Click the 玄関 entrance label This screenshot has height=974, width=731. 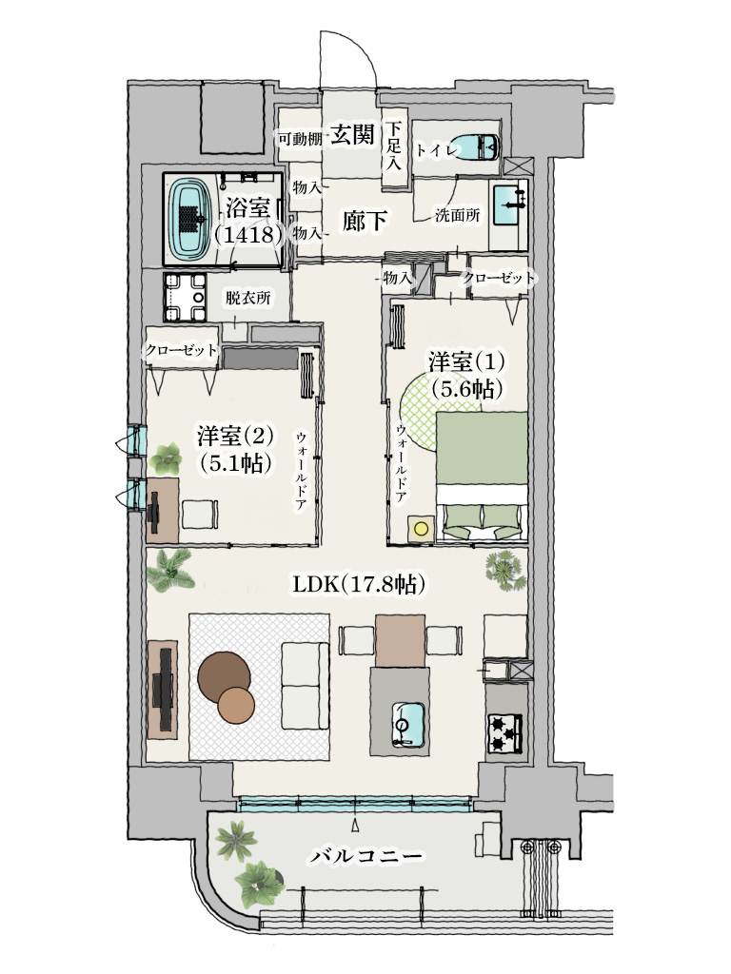point(352,135)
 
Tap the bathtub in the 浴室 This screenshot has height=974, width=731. point(192,218)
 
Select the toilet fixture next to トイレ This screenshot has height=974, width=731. point(475,147)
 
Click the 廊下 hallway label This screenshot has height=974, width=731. point(365,222)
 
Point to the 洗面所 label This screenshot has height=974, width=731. point(457,215)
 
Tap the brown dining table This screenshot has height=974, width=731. point(399,640)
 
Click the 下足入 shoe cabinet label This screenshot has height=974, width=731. point(394,146)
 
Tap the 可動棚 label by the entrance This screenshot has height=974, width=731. point(299,139)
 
